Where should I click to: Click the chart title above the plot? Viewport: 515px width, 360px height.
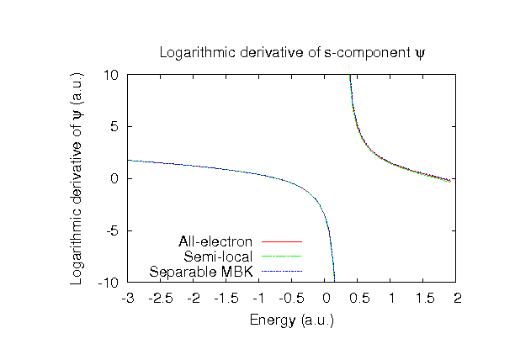(x=292, y=54)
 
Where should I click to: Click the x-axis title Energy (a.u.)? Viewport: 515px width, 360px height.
(x=292, y=320)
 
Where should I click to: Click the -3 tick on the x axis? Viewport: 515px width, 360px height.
(x=128, y=298)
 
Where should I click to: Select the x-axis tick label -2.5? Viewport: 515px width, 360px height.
(x=161, y=298)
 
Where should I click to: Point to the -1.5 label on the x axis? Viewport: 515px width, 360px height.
(x=226, y=298)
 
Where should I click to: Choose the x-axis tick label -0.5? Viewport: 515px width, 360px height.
(x=292, y=298)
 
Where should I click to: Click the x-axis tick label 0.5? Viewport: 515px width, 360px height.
(x=359, y=298)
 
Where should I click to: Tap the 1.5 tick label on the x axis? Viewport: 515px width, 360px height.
(x=425, y=298)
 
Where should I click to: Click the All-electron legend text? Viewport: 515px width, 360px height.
(x=215, y=242)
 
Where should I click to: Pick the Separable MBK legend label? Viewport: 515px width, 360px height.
(x=203, y=272)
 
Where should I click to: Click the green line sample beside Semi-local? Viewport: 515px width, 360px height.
(x=282, y=257)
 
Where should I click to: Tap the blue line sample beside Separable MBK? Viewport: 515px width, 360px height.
(x=282, y=272)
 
